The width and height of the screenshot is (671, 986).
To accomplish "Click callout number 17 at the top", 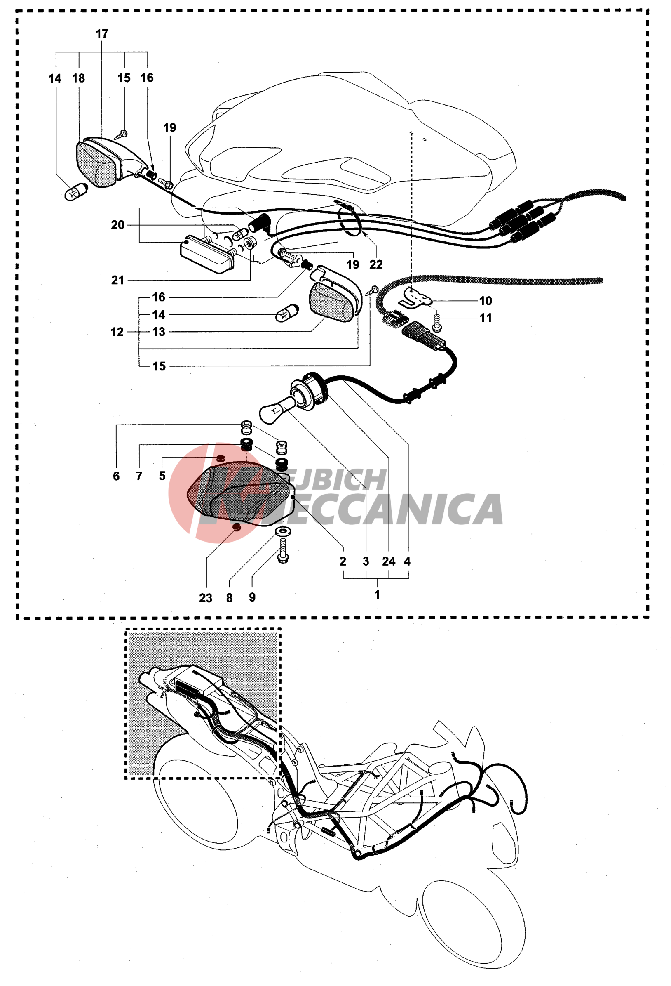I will point(102,34).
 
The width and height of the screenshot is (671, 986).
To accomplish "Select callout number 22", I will point(376,265).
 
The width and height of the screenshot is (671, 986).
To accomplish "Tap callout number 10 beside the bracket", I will point(486,301).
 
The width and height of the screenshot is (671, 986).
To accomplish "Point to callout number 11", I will point(486,318).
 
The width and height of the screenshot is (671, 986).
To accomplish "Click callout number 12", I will point(117,332).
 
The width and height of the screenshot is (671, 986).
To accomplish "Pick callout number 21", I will point(117,281).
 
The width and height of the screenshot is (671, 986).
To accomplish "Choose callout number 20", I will point(117,225).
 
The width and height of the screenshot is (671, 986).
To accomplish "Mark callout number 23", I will point(206,598).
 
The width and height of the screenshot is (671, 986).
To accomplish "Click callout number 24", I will point(388,562).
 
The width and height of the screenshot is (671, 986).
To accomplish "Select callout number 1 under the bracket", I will point(377,595).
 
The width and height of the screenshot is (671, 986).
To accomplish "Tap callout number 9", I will point(252,598).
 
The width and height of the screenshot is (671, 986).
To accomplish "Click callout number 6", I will point(116,476).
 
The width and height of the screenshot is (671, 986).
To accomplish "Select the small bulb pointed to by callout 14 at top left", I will point(75,192).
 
